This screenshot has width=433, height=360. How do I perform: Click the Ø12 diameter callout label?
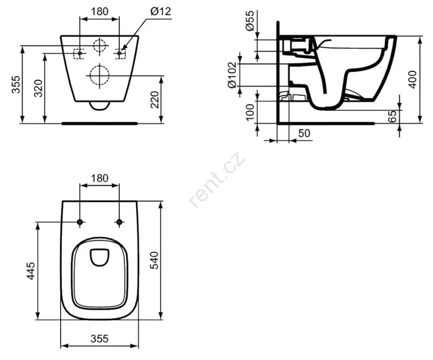coord(161,11)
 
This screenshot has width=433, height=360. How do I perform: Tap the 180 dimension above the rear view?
coord(100,11)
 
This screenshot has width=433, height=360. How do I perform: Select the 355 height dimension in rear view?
coord(16,84)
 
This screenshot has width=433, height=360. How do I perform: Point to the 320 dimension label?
coord(38,88)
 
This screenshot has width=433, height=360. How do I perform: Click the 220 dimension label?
coord(155,100)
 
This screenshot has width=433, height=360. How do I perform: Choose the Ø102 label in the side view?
coord(232,75)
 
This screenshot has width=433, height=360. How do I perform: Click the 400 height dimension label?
coord(412,80)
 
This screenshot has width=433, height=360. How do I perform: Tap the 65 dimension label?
coord(392,116)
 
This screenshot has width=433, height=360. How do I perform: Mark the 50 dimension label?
coord(304,133)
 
